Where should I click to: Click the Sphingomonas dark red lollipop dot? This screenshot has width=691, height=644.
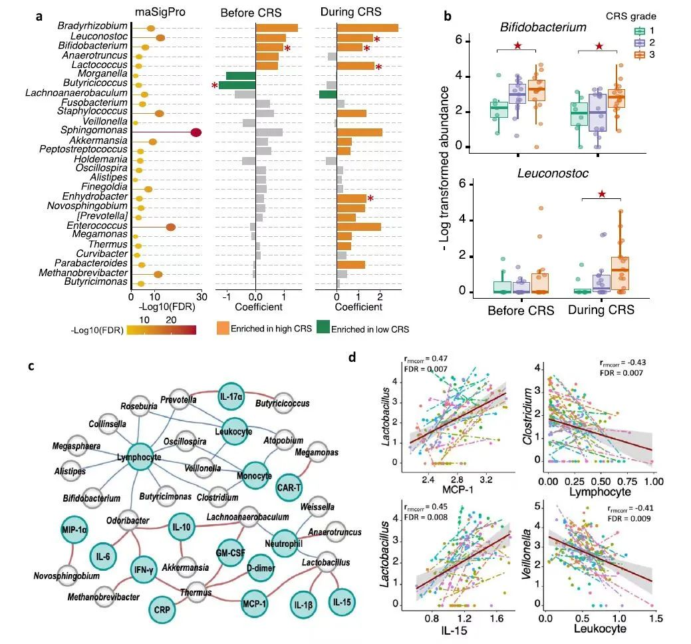(x=196, y=132)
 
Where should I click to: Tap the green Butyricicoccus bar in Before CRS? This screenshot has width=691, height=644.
(x=237, y=85)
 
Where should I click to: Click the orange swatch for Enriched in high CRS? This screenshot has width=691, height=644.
(x=223, y=328)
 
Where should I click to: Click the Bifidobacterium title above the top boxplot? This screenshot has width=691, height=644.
(x=543, y=28)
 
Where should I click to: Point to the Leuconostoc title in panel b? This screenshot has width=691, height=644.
(x=543, y=174)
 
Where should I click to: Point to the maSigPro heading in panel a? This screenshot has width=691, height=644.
(x=165, y=12)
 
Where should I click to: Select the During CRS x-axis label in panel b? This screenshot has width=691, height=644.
(x=601, y=310)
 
